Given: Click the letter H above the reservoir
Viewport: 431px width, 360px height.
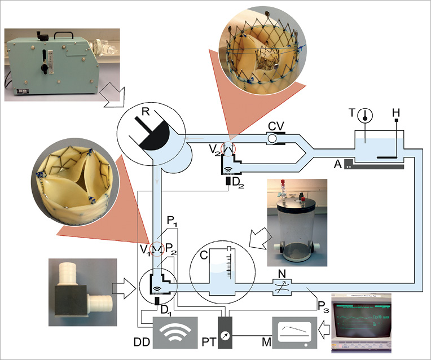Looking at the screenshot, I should tap(397, 113).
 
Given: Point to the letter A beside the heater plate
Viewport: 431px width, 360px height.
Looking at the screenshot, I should tap(337, 164).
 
